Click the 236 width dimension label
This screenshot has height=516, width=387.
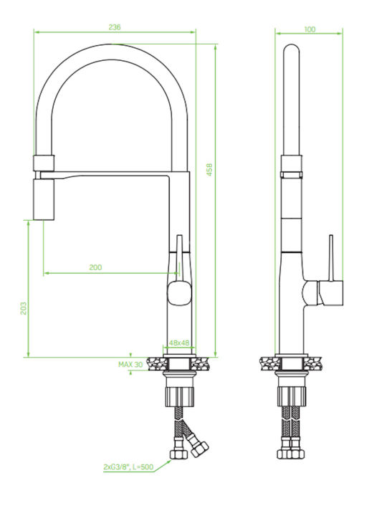[115, 27]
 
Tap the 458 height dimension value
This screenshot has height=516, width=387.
[209, 169]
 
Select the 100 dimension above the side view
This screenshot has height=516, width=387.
[310, 29]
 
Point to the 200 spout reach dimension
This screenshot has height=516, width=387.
[95, 267]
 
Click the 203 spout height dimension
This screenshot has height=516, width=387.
[24, 308]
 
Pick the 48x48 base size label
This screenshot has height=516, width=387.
[179, 343]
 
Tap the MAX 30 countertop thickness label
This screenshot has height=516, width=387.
[130, 365]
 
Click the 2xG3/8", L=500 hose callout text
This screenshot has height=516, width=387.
[128, 467]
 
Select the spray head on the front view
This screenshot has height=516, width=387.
[44, 199]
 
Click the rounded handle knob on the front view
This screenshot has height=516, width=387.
[180, 293]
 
